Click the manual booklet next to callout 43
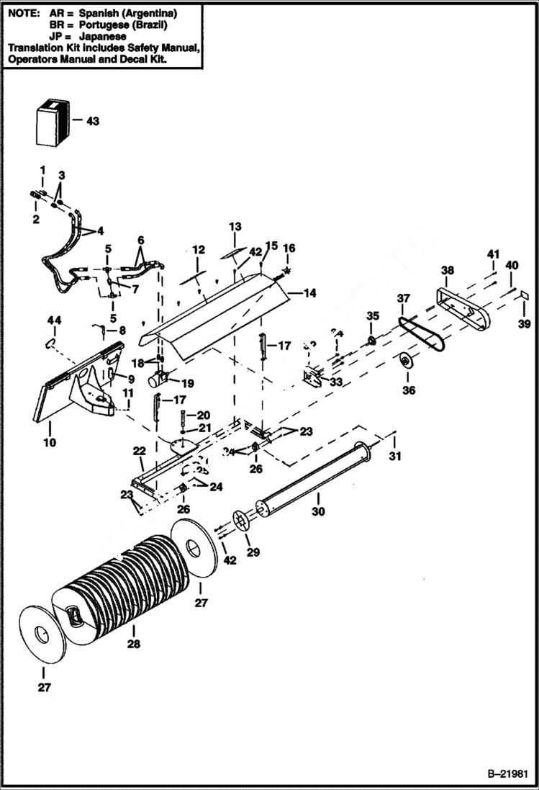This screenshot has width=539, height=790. (52, 122)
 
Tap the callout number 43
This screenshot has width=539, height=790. (93, 121)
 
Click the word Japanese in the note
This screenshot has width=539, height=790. (104, 36)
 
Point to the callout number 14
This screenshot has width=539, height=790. (310, 293)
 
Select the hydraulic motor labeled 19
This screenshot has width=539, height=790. (159, 377)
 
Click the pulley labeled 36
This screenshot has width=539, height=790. (407, 362)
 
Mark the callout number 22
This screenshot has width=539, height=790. (140, 450)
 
